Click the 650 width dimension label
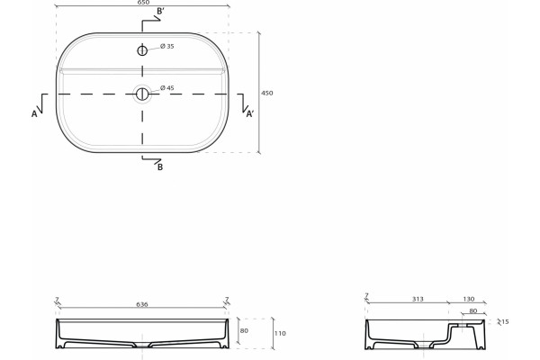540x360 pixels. [143, 2]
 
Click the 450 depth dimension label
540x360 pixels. [267, 93]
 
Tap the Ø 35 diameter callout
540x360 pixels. [167, 46]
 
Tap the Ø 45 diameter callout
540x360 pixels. [167, 88]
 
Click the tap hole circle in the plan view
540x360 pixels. [142, 50]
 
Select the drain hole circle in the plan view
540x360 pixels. [142, 94]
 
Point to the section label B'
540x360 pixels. [160, 12]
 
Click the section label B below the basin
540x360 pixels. [160, 167]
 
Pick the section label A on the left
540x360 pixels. [34, 113]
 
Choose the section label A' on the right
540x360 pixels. [250, 114]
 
